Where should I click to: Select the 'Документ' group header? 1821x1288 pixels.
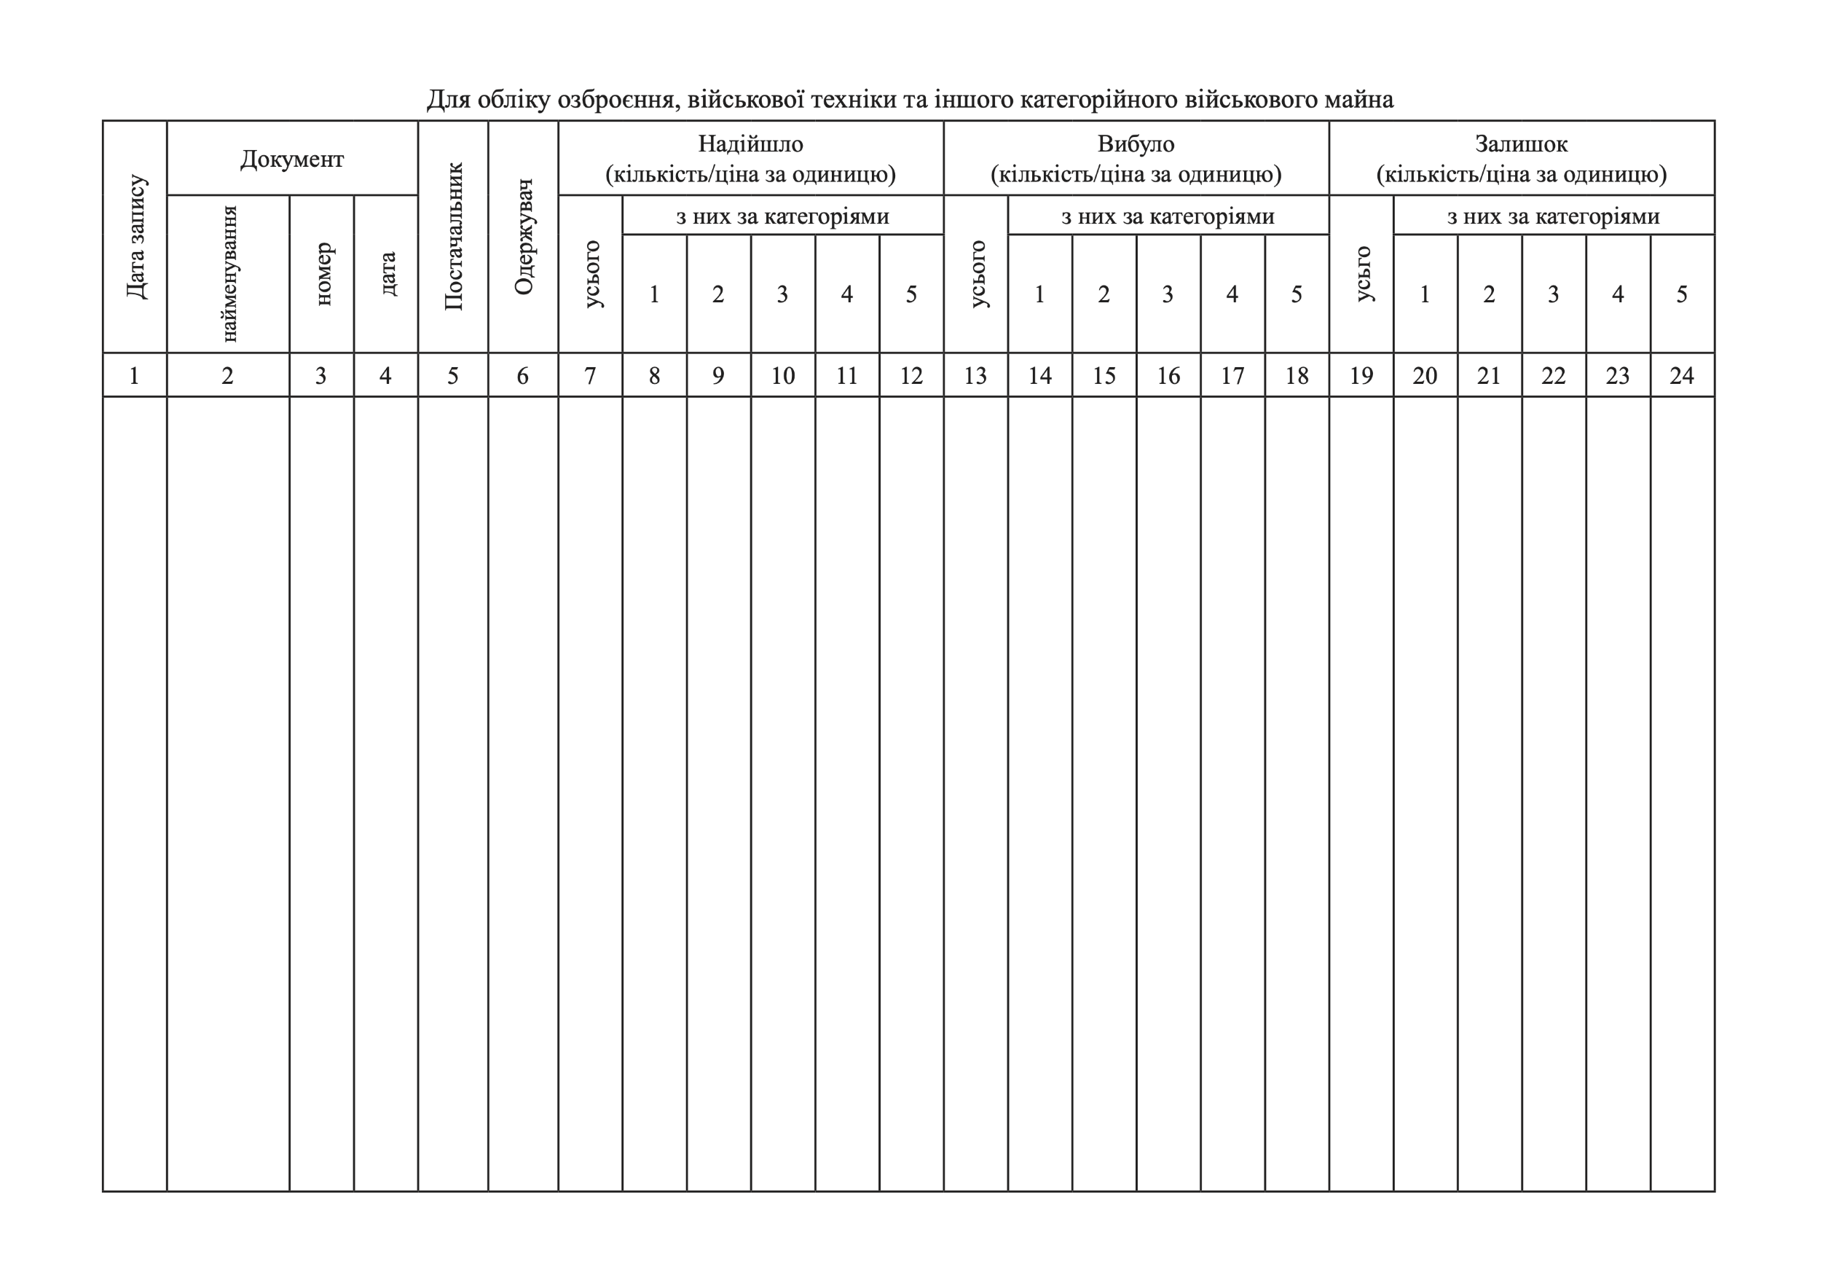tap(292, 160)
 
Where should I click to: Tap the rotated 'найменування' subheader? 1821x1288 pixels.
tap(229, 274)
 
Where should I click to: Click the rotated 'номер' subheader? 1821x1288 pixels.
tap(322, 274)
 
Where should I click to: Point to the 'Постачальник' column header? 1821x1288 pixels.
tap(453, 236)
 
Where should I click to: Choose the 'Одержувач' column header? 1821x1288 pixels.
tap(524, 236)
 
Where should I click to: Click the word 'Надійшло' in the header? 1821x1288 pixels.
tap(750, 144)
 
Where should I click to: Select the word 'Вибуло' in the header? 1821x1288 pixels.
tap(1136, 144)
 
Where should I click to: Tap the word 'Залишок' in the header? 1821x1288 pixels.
tap(1521, 144)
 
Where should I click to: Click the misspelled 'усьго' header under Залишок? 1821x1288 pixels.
tap(1362, 274)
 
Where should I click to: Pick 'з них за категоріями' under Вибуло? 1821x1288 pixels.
tap(1168, 216)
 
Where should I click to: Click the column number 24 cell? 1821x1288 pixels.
tap(1681, 376)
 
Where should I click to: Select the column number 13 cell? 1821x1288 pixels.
tap(975, 376)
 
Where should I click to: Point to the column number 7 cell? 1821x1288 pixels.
tap(590, 376)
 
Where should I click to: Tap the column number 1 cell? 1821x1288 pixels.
tap(134, 376)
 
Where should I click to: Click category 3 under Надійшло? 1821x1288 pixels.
tap(783, 294)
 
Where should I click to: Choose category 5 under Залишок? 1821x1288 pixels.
tap(1681, 294)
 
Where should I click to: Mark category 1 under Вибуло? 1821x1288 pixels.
tap(1039, 294)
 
